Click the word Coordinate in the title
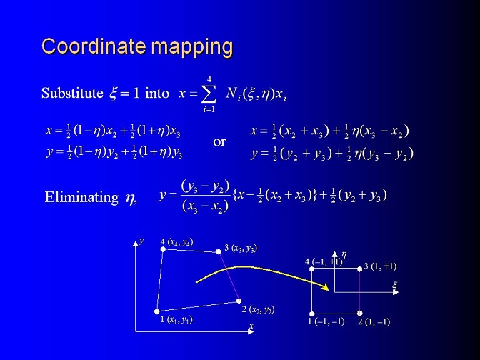coord(94,46)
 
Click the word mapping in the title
coord(192,48)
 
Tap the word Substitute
coord(72,93)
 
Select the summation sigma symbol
coord(209,94)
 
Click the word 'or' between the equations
coord(219,141)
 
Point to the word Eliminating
coord(81,197)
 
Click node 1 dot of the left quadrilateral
coord(156,311)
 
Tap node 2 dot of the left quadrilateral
coord(239,301)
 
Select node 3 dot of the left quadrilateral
coord(219,251)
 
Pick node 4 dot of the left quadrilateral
coord(163,249)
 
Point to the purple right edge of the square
coord(360,291)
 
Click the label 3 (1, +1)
coord(380,266)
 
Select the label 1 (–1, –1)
coord(326,321)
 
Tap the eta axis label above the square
coord(344,255)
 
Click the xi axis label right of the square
coord(394,286)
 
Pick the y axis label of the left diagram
coord(141,241)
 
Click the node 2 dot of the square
coord(360,313)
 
